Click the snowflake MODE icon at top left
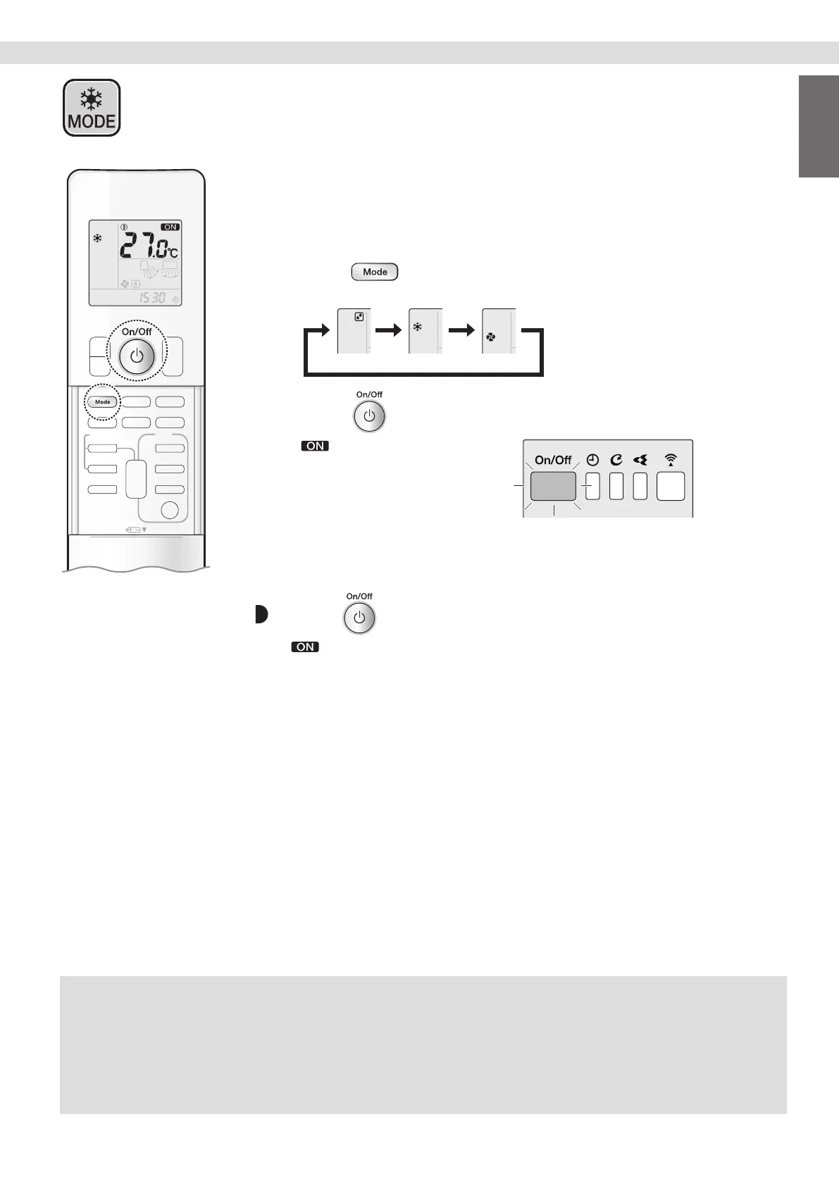click(92, 108)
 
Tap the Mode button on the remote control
click(103, 401)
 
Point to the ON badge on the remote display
click(170, 227)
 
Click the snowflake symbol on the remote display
click(98, 239)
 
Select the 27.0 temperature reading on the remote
click(148, 246)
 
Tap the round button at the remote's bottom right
click(170, 510)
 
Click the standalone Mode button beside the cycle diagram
click(375, 272)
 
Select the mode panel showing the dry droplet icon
click(354, 330)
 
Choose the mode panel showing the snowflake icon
click(425, 330)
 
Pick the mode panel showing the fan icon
click(499, 330)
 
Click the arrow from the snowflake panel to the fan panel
click(461, 330)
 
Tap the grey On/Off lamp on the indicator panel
click(553, 486)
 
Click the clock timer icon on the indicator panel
click(592, 461)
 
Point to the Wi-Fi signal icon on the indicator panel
click(671, 461)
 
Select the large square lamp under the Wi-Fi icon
click(671, 486)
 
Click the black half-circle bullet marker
click(261, 615)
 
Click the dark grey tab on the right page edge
click(819, 127)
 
